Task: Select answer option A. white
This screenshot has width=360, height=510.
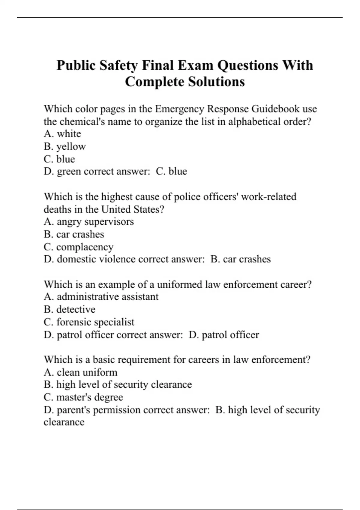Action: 62,134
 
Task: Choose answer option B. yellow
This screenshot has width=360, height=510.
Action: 65,146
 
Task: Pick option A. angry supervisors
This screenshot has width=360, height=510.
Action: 89,222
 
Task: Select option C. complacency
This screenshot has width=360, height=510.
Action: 79,247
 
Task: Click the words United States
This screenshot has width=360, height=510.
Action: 133,209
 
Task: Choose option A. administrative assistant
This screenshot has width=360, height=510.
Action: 101,297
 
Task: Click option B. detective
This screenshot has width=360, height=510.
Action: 70,309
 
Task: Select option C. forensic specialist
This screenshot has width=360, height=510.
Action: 89,322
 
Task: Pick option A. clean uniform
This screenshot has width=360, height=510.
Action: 80,372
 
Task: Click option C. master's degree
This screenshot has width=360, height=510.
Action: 83,397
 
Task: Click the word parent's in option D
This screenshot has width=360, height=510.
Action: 73,410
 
